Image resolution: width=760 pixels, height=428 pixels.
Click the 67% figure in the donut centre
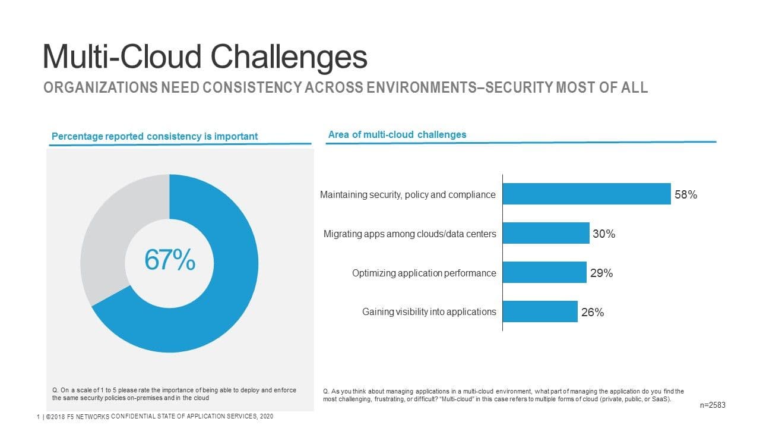(170, 260)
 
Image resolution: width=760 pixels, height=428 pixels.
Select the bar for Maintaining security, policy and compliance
(587, 194)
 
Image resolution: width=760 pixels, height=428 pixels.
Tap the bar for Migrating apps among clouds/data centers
(546, 233)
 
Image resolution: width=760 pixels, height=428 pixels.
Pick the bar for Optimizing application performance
(544, 272)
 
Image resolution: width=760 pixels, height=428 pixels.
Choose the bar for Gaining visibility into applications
(540, 311)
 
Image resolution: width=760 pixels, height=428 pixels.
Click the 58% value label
(685, 194)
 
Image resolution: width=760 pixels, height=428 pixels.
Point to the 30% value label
(604, 234)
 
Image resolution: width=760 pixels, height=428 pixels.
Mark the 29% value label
(601, 273)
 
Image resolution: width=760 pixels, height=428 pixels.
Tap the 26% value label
(593, 313)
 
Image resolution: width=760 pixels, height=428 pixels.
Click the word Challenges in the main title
(289, 57)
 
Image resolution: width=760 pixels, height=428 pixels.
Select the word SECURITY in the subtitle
(518, 88)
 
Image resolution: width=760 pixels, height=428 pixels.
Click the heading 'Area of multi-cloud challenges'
(397, 134)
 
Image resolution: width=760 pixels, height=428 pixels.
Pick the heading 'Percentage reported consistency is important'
(155, 136)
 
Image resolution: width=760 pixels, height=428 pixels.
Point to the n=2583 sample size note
(713, 405)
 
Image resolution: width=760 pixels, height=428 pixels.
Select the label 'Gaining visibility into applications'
(429, 311)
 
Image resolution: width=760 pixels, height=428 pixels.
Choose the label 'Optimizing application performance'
(424, 273)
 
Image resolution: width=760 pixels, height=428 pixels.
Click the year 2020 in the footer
(265, 416)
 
